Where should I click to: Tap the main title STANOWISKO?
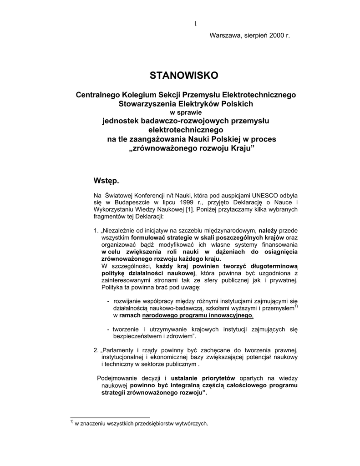(184, 75)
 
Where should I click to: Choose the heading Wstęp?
(106, 181)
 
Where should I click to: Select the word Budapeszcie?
(131, 203)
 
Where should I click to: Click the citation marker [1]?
(176, 209)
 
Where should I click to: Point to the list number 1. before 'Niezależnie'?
(96, 231)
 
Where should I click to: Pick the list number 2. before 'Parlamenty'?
(96, 350)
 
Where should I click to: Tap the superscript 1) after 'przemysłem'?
(296, 306)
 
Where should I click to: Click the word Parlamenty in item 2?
(120, 350)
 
